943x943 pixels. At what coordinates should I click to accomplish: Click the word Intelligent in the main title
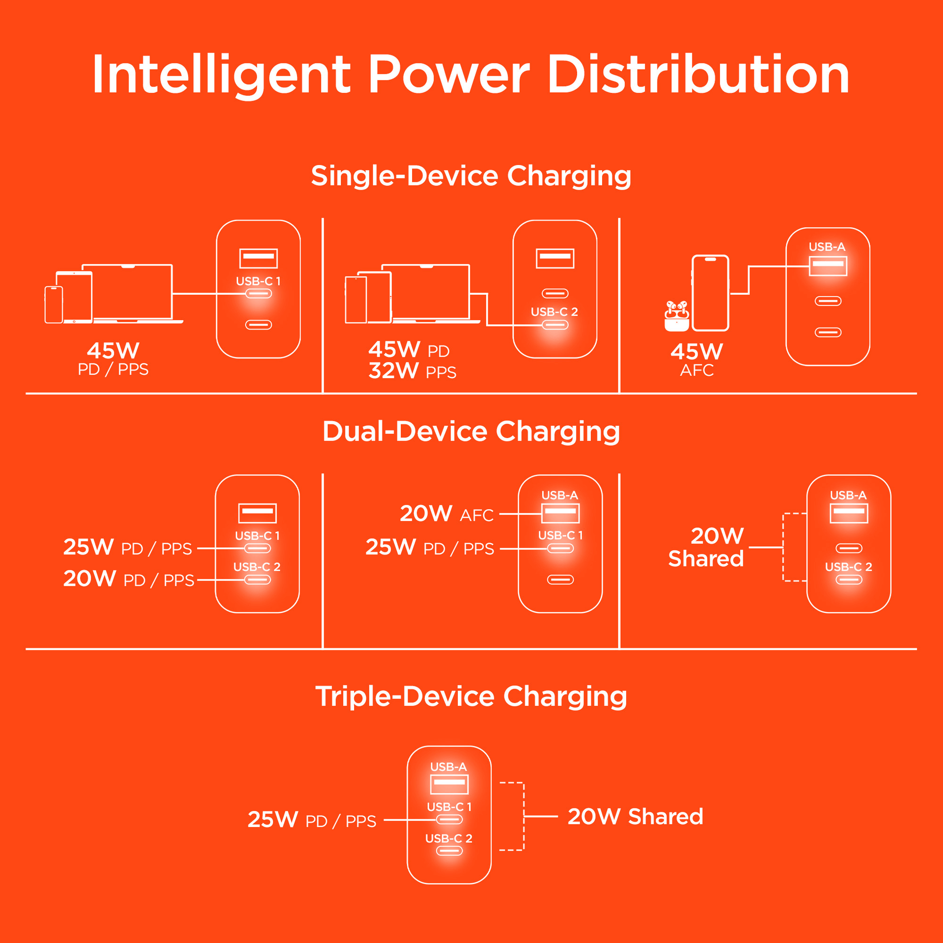pos(221,75)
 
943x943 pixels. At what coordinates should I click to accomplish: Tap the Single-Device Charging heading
pos(471,176)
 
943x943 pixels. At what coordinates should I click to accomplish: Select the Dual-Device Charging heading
pos(471,431)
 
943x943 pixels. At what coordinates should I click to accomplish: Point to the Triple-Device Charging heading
pos(471,696)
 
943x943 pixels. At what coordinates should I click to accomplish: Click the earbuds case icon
pos(676,317)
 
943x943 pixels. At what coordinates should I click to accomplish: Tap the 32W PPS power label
pos(412,371)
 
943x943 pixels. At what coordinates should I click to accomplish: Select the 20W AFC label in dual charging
pos(446,514)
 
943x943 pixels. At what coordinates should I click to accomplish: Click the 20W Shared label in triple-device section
pos(635,816)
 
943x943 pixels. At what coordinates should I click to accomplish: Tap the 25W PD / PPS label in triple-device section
pos(311,820)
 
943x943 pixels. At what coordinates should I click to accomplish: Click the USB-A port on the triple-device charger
pos(449,784)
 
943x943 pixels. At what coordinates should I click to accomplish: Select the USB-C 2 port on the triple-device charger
pos(449,851)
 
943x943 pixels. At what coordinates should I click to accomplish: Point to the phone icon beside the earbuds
pos(710,293)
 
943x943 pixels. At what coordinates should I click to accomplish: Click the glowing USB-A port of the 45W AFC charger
pos(828,266)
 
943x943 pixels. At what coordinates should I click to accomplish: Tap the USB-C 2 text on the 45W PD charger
pos(554,312)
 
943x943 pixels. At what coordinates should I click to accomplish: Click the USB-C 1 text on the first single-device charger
pos(258,281)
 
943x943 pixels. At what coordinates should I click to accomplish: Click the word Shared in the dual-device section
pos(706,559)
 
